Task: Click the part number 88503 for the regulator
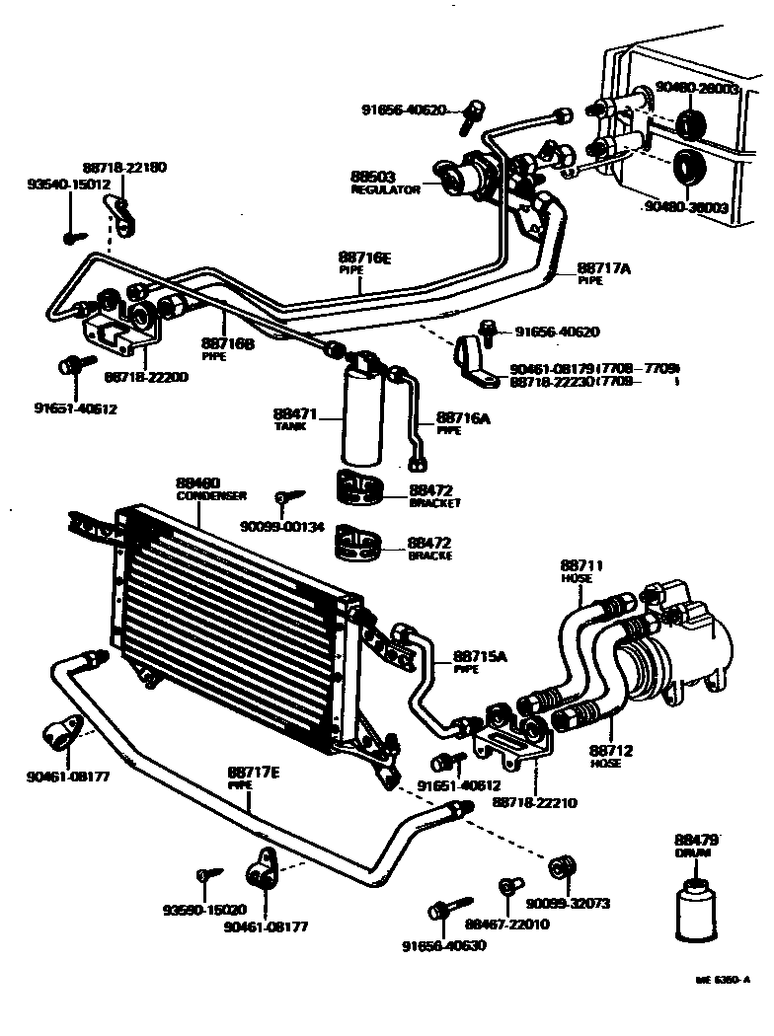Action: pyautogui.click(x=373, y=178)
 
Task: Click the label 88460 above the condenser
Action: pyautogui.click(x=197, y=482)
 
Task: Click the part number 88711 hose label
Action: pyautogui.click(x=581, y=565)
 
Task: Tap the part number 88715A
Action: pyautogui.click(x=480, y=656)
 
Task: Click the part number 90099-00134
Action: pyautogui.click(x=281, y=526)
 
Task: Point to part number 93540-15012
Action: pyautogui.click(x=68, y=185)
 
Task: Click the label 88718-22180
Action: pyautogui.click(x=124, y=168)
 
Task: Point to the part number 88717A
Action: pyautogui.click(x=603, y=267)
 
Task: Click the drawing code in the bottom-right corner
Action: pyautogui.click(x=724, y=980)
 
